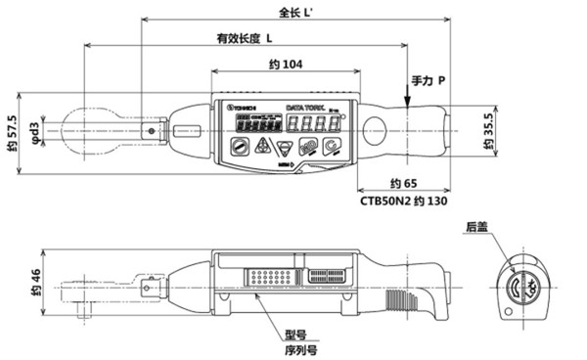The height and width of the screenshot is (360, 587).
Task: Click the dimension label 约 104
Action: [x=284, y=64]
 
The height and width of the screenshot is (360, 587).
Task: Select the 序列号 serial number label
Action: [x=299, y=349]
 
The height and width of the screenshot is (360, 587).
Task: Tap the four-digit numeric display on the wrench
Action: [x=317, y=125]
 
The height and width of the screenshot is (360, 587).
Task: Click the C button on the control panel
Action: [x=335, y=148]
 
